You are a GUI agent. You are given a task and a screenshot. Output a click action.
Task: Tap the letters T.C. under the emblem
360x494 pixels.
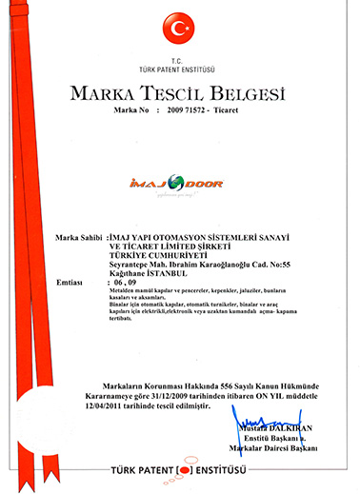click(x=181, y=59)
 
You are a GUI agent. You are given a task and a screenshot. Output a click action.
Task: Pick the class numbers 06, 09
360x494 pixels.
click(x=125, y=283)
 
